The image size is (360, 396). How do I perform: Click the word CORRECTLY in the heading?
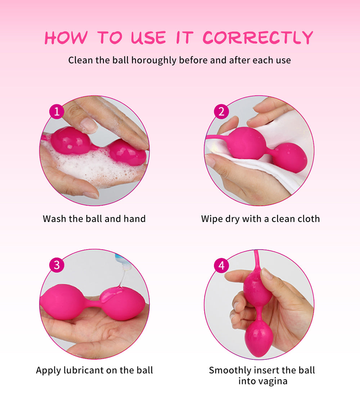pos(258,38)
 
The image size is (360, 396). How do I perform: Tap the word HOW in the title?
pos(66,38)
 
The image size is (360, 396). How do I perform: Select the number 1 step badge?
pos(57,111)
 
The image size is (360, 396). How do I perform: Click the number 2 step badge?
pos(221,111)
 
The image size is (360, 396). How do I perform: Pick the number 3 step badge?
pos(57,265)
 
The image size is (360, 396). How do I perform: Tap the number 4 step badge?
pos(221,265)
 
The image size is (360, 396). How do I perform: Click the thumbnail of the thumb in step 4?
pos(267,274)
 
